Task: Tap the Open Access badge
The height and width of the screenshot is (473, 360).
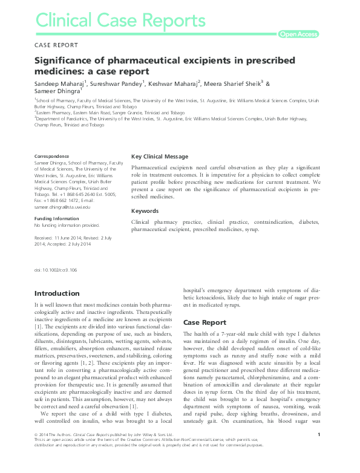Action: pyautogui.click(x=298, y=34)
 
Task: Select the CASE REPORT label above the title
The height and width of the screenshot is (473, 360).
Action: pyautogui.click(x=57, y=46)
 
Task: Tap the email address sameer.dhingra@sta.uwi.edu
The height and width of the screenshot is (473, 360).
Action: pyautogui.click(x=62, y=207)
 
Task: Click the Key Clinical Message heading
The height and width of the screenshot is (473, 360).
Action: pyautogui.click(x=160, y=156)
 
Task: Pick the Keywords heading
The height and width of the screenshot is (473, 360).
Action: pyautogui.click(x=145, y=211)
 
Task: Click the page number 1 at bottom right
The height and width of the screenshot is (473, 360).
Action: pyautogui.click(x=318, y=451)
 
